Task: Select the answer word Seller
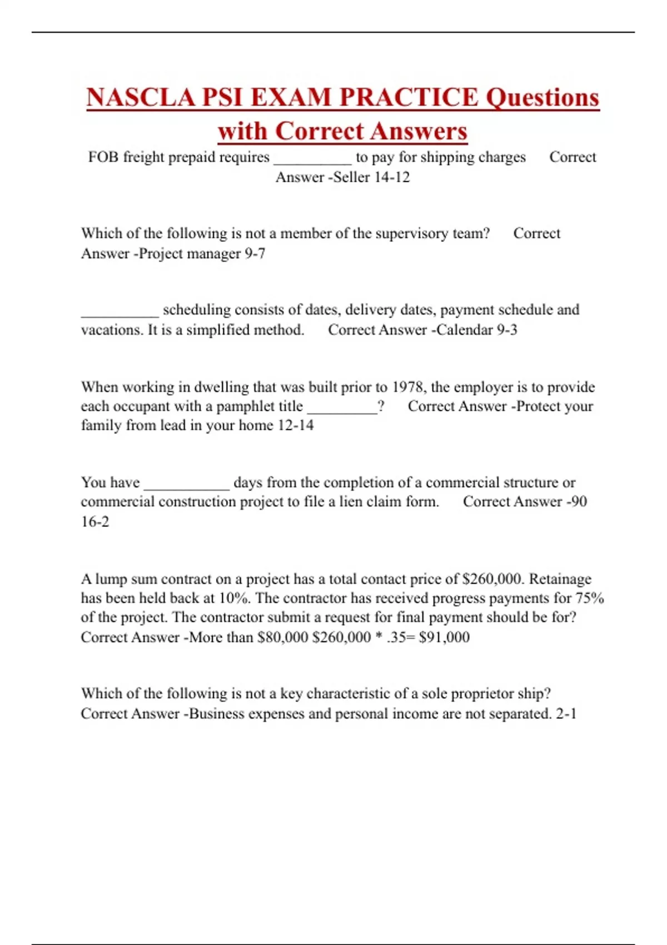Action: (x=351, y=177)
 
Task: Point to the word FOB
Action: (x=103, y=157)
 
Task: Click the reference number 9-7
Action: (x=255, y=253)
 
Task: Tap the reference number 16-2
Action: (x=95, y=522)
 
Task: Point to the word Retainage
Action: (x=560, y=579)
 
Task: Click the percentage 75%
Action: (x=590, y=599)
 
